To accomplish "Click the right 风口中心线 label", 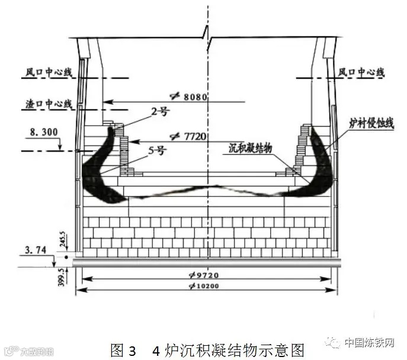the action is pos(361,72).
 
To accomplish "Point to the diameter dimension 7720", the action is pos(190,136).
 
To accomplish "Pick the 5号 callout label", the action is pos(157,150).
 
